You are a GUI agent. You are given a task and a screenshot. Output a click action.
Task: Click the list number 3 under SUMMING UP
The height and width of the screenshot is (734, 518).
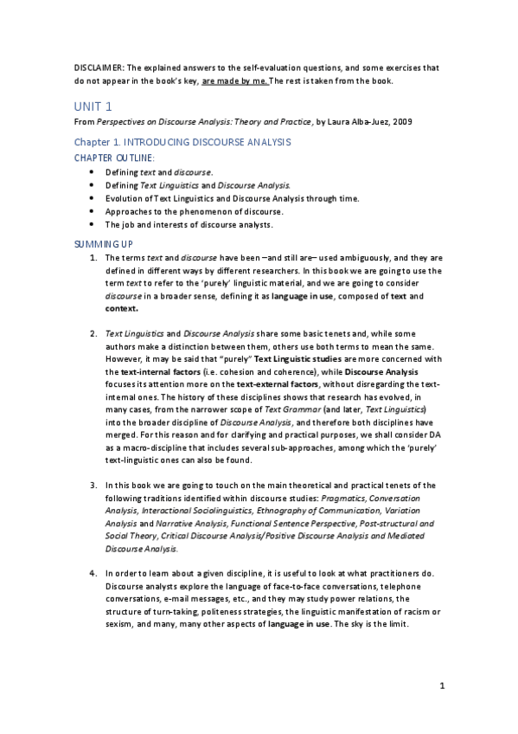coord(93,486)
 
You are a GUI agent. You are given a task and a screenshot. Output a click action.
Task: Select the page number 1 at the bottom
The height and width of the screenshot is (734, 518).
coord(442,688)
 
